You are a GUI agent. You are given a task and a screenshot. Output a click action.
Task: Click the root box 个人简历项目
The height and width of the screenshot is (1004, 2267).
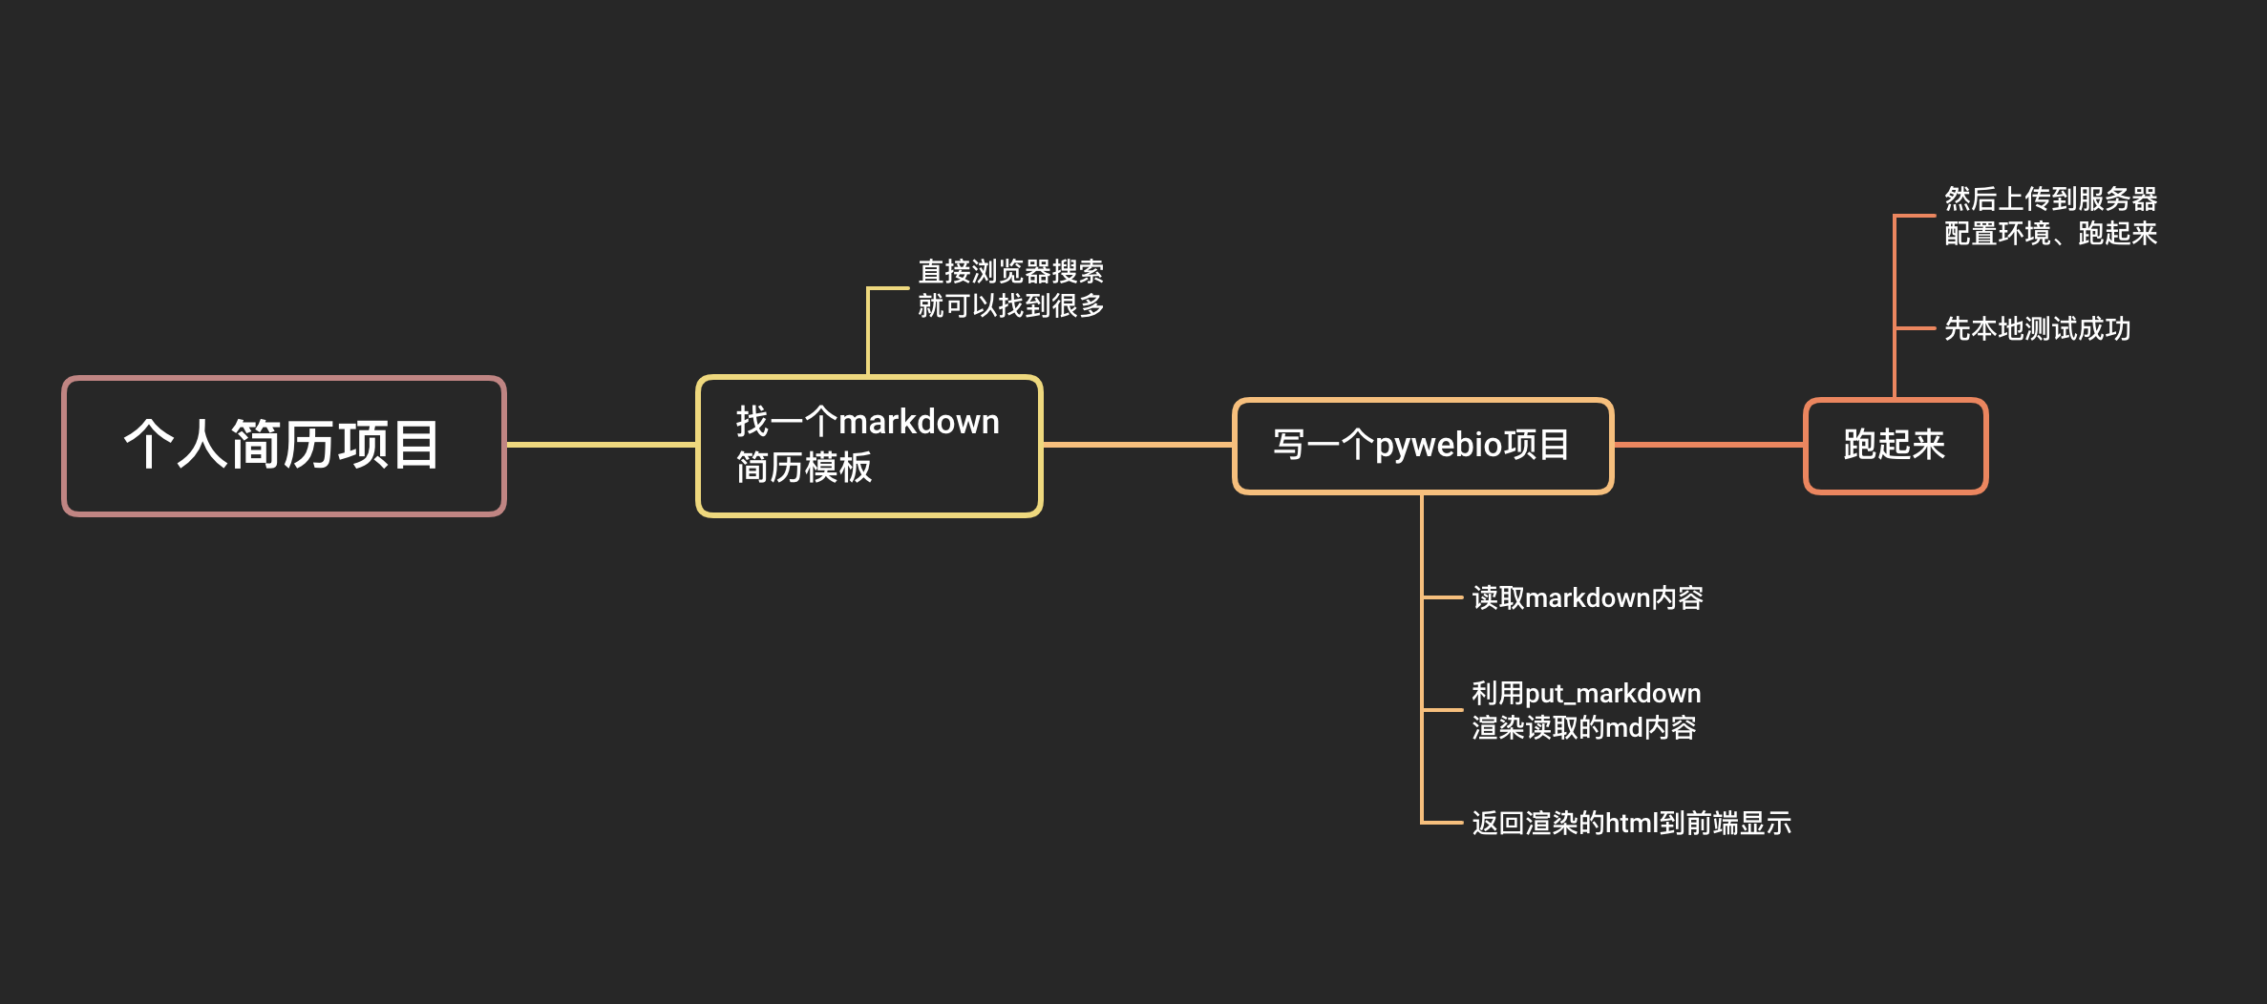284,446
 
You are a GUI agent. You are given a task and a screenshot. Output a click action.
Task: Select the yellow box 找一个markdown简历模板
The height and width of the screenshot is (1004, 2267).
869,446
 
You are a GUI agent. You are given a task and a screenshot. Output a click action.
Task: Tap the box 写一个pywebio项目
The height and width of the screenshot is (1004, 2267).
1423,446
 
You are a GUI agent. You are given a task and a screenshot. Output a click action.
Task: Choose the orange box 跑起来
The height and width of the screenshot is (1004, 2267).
1895,446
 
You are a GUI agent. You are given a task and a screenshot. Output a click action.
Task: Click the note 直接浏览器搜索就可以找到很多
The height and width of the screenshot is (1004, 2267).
1010,288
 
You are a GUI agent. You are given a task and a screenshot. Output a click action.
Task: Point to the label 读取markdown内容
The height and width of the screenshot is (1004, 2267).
1587,598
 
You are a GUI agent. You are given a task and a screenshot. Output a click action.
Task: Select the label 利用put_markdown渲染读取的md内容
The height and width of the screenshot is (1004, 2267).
1585,711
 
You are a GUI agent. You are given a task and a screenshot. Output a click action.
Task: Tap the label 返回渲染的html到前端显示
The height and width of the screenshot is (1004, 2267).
1631,823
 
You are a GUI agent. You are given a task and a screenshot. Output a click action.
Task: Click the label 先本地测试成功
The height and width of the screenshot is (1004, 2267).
2037,329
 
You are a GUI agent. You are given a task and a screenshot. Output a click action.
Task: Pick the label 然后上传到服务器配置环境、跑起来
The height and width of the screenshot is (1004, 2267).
2050,217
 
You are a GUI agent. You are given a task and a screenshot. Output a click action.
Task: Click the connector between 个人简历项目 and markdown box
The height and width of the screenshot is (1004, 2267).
601,445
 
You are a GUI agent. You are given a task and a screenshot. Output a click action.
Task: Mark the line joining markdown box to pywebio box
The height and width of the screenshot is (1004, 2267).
1137,445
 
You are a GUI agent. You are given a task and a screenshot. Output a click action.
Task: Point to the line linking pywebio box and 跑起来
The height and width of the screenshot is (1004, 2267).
1707,445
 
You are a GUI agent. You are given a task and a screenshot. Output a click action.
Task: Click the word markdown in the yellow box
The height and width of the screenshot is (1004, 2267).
919,422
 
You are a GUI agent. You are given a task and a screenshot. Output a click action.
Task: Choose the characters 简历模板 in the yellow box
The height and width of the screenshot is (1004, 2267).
804,468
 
